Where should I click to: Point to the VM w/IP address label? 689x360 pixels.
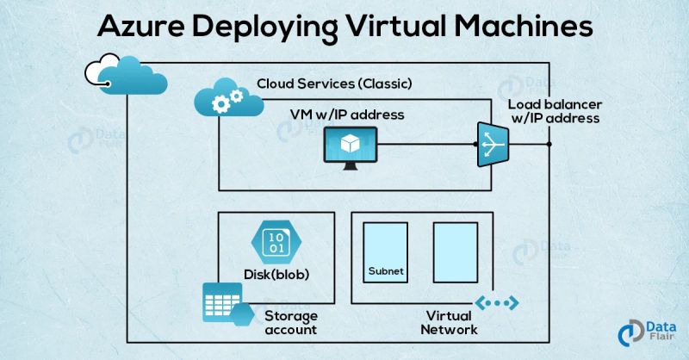pyautogui.click(x=346, y=114)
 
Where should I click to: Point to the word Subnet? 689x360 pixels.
pyautogui.click(x=385, y=271)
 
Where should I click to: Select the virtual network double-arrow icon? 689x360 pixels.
pyautogui.click(x=497, y=302)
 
